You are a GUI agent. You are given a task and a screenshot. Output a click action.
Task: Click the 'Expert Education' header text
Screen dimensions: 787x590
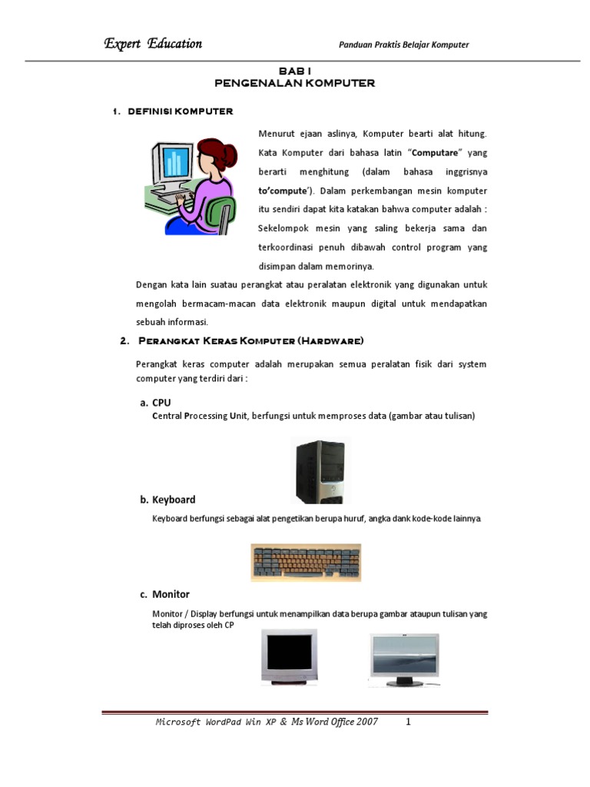153,44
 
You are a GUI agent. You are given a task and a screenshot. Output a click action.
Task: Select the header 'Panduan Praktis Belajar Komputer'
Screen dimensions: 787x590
403,45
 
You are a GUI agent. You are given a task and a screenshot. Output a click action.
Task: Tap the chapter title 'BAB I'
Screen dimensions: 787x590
294,71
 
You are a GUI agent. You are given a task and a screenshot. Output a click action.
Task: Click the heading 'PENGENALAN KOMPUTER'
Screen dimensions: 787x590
294,83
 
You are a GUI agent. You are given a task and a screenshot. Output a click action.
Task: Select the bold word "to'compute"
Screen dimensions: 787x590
285,191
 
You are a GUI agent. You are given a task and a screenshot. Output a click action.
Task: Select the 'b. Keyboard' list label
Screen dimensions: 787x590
167,500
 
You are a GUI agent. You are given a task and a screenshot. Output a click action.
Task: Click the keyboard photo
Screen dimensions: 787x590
305,563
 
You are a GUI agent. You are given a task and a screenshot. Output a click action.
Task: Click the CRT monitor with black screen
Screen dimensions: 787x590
289,656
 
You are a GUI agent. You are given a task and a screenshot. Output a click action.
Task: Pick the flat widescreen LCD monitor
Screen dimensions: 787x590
404,659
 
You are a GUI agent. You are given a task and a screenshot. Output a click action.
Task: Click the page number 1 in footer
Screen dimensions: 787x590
409,722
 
